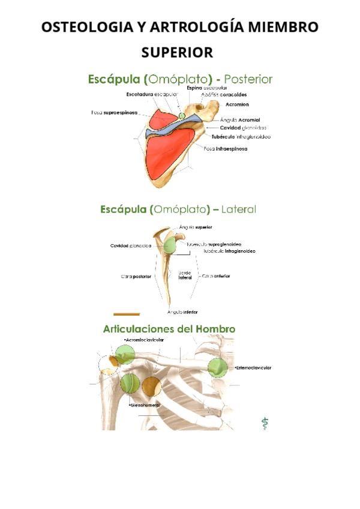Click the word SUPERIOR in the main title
[x=177, y=53]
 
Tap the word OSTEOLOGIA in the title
[x=89, y=28]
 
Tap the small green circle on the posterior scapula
[x=181, y=115]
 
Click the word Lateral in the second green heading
[x=238, y=209]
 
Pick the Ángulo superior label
[x=196, y=227]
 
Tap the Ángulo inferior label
[x=182, y=312]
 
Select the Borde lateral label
[x=185, y=276]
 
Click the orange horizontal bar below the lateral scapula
[x=127, y=313]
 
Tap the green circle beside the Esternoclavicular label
[x=220, y=367]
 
